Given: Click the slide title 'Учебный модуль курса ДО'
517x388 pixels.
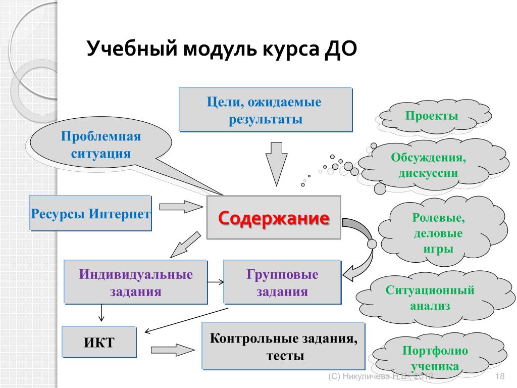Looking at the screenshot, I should click(x=222, y=50).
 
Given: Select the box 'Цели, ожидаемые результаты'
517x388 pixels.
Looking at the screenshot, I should click(x=265, y=110).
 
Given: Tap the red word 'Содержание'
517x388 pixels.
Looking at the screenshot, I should click(x=274, y=219).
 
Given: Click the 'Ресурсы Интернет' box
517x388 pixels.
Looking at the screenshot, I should click(x=91, y=213).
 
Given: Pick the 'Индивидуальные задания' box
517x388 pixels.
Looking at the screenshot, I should click(x=136, y=282).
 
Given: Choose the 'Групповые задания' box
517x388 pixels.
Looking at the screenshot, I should click(x=282, y=282).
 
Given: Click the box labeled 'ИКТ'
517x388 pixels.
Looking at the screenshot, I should click(x=99, y=343).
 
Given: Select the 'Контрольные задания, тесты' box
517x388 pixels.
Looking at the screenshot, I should click(x=283, y=346).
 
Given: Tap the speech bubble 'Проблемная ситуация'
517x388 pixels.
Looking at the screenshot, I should click(x=100, y=145).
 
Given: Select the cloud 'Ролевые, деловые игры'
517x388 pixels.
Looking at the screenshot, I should click(x=438, y=233).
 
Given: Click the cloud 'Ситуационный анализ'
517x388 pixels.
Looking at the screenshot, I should click(x=430, y=298).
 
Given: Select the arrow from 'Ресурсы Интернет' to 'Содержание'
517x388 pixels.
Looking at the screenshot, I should click(x=180, y=207).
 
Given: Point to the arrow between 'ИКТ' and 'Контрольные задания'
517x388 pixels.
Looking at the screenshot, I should click(x=172, y=349).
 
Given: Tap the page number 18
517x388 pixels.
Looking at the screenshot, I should click(x=501, y=376).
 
